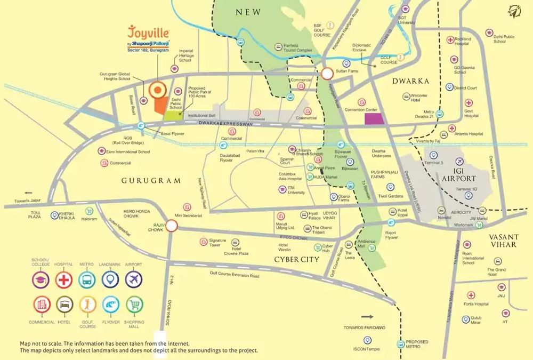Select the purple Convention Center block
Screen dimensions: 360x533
tap(373, 119)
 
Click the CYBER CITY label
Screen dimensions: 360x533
tap(296, 259)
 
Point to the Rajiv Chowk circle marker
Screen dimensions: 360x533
tap(171, 227)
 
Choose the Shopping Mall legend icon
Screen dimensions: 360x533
tap(134, 305)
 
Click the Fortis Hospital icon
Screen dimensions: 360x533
tap(471, 295)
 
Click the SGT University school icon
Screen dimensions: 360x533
tap(405, 9)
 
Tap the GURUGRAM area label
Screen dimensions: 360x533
tap(151, 181)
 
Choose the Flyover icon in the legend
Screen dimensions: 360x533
tap(110, 305)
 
